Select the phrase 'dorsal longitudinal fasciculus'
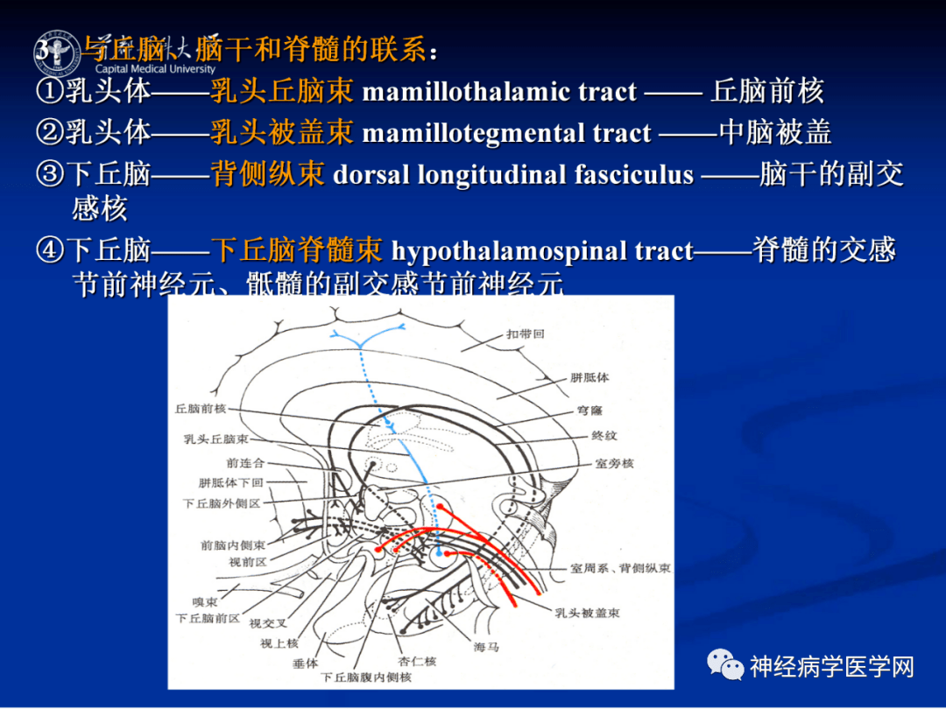(x=513, y=174)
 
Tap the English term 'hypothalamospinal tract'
(x=542, y=251)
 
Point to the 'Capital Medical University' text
(x=155, y=69)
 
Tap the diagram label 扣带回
(x=525, y=334)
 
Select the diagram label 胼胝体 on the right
(x=589, y=377)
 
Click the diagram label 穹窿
(x=590, y=409)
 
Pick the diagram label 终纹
(x=604, y=435)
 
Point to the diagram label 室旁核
(x=614, y=463)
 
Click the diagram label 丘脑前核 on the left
(x=201, y=409)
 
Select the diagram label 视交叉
(x=267, y=623)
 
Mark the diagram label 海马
(x=486, y=647)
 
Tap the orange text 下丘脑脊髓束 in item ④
(x=297, y=251)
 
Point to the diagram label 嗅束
(x=204, y=601)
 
